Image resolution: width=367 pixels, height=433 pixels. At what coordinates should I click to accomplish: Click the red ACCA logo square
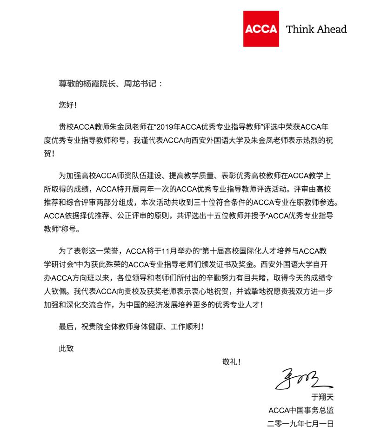261,29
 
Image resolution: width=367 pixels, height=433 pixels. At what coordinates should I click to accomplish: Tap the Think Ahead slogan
316,29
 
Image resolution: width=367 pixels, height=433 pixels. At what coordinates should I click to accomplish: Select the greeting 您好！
67,105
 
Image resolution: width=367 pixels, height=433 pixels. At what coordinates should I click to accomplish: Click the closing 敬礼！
232,362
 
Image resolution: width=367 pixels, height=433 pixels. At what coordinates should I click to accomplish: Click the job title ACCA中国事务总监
301,410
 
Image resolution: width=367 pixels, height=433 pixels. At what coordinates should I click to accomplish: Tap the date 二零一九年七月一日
301,424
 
